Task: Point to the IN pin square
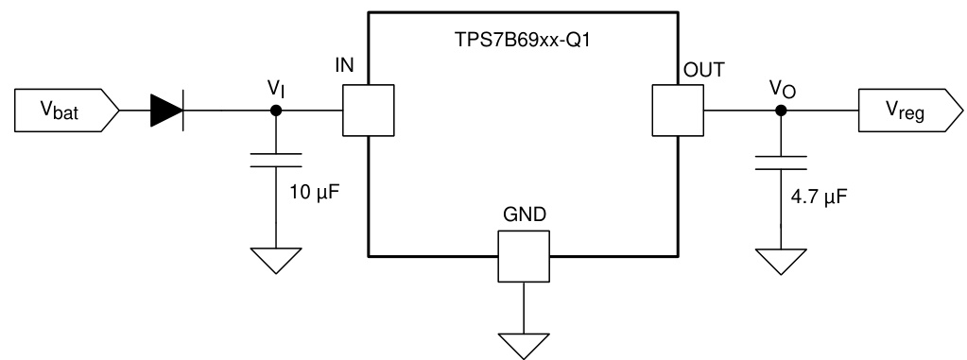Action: click(x=368, y=111)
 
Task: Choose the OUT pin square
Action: click(x=678, y=111)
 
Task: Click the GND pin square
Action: click(x=523, y=256)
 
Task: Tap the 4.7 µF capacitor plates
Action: click(x=781, y=164)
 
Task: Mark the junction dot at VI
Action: click(x=275, y=111)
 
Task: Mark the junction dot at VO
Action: click(x=781, y=111)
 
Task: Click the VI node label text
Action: click(x=276, y=88)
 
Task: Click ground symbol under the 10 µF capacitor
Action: click(x=275, y=258)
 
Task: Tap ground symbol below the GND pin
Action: click(x=523, y=344)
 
